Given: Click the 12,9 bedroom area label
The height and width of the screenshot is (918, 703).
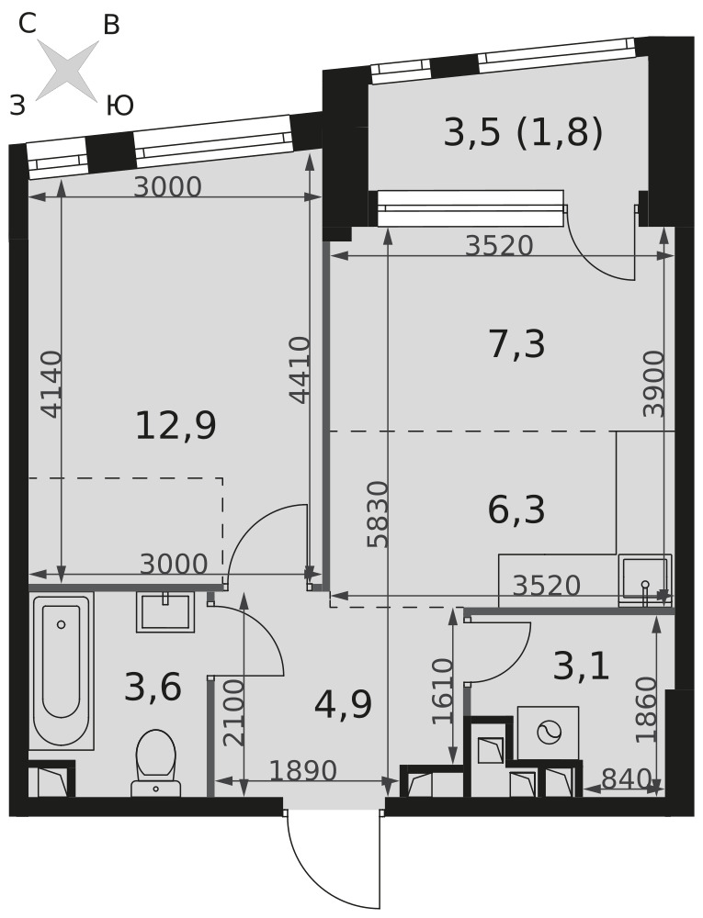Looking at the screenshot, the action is pos(176,425).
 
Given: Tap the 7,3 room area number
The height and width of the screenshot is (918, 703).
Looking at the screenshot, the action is pos(516,343).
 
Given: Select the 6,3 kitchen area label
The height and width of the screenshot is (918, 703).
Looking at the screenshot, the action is pos(516,509).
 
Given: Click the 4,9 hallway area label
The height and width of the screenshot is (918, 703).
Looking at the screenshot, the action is pos(344,704).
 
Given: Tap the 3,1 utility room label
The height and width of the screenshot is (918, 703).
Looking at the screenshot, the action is pos(582,666).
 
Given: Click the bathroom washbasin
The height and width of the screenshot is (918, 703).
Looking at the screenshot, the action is pos(165,611).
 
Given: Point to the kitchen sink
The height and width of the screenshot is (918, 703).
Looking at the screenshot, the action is pos(644,579).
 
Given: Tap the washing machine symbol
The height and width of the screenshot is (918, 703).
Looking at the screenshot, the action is pos(549,732).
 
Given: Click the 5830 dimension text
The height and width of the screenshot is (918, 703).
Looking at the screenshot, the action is pos(379,515).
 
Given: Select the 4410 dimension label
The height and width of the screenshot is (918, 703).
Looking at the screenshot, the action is pos(300,370).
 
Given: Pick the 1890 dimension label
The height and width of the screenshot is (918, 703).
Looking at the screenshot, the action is pos(303,770).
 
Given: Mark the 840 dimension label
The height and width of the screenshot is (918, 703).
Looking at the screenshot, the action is pos(626,778).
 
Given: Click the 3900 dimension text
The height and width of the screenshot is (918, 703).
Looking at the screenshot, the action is pos(654,384).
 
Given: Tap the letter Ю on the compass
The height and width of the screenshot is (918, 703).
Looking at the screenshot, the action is pos(120,106).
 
